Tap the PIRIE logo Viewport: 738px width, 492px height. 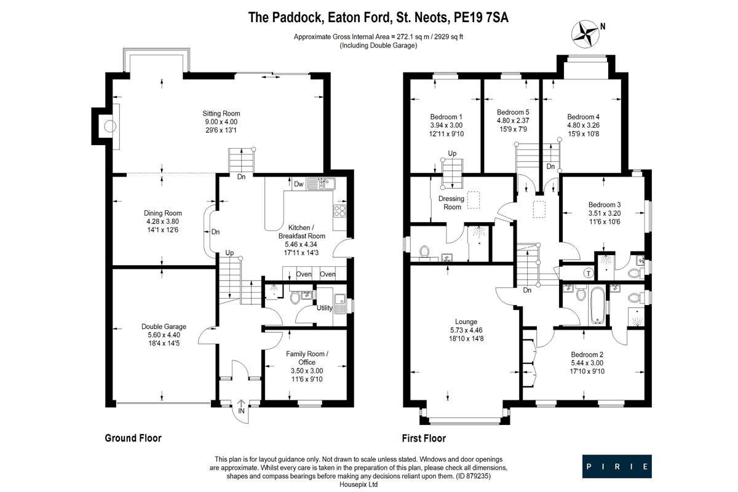(617, 466)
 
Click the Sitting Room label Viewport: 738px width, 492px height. (221, 114)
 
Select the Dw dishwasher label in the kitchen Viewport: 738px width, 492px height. (298, 184)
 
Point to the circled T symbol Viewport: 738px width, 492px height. (589, 273)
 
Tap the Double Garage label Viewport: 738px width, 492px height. (164, 327)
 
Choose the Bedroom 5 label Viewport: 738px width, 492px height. (513, 112)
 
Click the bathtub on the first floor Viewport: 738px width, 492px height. (597, 306)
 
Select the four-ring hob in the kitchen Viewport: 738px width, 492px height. (339, 211)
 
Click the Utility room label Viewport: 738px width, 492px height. (324, 307)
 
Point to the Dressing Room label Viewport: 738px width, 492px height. (451, 203)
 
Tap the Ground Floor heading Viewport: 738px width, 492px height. (133, 438)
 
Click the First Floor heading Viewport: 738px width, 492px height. (424, 438)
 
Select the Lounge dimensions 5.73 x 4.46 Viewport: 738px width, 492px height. (466, 330)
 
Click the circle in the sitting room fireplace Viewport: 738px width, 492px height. (110, 125)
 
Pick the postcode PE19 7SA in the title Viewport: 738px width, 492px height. (481, 17)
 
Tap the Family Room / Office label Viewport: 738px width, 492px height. (307, 358)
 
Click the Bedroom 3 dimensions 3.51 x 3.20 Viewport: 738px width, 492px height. (605, 213)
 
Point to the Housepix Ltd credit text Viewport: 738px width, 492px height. (359, 485)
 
